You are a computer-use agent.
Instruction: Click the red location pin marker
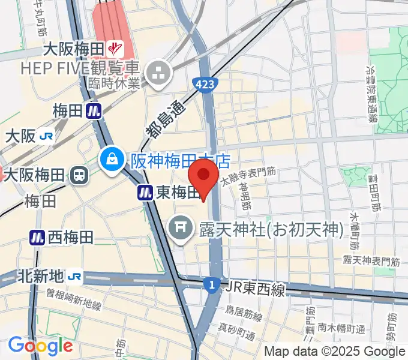pyautogui.click(x=203, y=178)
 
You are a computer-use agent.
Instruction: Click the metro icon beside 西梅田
pyautogui.click(x=37, y=238)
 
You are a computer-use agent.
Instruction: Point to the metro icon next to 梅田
pyautogui.click(x=93, y=110)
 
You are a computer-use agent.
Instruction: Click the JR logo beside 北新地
pyautogui.click(x=74, y=277)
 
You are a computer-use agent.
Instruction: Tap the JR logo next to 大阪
pyautogui.click(x=46, y=136)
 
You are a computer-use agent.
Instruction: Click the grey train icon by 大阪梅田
pyautogui.click(x=78, y=175)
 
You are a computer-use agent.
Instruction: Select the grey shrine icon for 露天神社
pyautogui.click(x=179, y=228)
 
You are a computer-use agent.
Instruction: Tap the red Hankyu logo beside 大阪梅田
pyautogui.click(x=115, y=47)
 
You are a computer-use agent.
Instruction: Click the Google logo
pyautogui.click(x=40, y=346)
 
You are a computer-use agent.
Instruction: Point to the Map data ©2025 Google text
pyautogui.click(x=334, y=352)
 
